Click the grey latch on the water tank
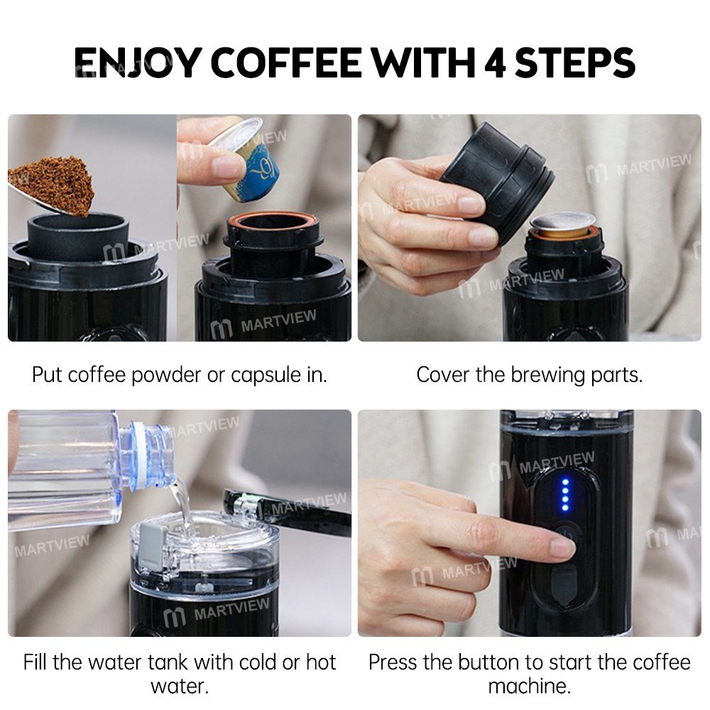153,547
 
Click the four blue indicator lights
565,494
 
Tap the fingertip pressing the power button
561,546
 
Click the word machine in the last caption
529,687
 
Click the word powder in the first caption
169,375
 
